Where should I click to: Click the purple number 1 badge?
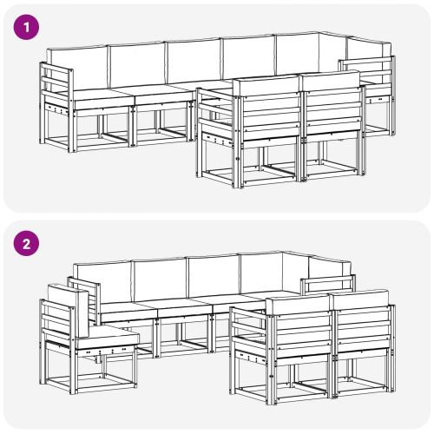tap(28, 27)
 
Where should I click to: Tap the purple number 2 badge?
tap(28, 245)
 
